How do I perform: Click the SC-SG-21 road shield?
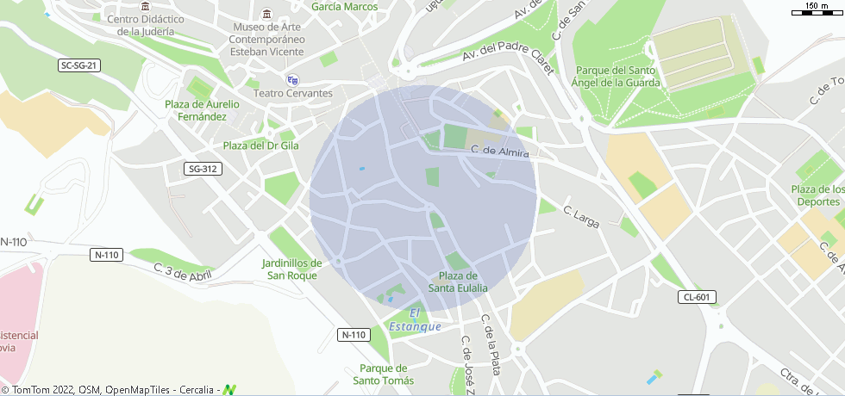tap(80, 65)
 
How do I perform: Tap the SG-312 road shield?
tap(203, 169)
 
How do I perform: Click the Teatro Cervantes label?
tap(292, 93)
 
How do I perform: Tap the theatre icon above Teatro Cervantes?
tap(292, 79)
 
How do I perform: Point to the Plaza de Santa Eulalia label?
tap(458, 282)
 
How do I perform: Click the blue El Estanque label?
tap(415, 319)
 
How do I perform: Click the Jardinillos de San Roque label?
tap(291, 269)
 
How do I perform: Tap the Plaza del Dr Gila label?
tap(260, 145)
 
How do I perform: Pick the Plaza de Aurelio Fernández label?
tap(202, 110)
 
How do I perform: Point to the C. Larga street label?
tap(580, 216)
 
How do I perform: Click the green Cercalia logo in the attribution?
tap(228, 390)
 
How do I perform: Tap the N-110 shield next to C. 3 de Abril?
tap(107, 255)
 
